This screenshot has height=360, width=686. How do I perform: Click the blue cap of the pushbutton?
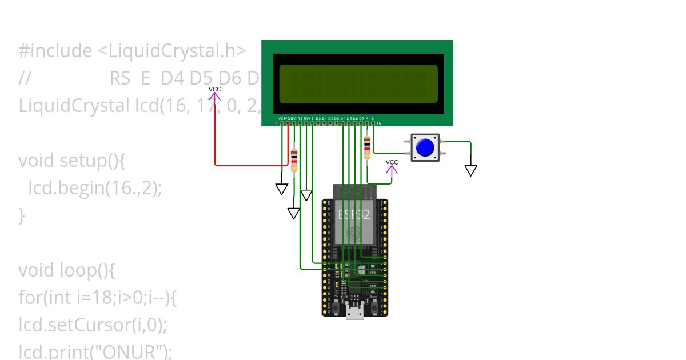(425, 147)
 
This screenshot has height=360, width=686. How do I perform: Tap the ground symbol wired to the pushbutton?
(470, 170)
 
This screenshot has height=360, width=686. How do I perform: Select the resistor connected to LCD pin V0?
(294, 159)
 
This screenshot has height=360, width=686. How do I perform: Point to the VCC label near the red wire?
(214, 89)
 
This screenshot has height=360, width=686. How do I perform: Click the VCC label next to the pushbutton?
(392, 162)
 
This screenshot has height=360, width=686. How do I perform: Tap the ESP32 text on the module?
(354, 214)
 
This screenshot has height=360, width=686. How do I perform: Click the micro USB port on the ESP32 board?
(354, 313)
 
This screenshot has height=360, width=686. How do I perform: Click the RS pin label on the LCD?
(300, 118)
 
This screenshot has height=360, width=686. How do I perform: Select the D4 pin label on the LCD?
(342, 118)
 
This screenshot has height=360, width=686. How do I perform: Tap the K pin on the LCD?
(373, 118)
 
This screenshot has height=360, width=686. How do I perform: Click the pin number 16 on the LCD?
(378, 123)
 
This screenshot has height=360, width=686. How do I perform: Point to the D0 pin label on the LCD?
(318, 118)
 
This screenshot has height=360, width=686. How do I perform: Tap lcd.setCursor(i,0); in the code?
(93, 325)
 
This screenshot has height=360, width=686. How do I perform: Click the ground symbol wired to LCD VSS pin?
(281, 189)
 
